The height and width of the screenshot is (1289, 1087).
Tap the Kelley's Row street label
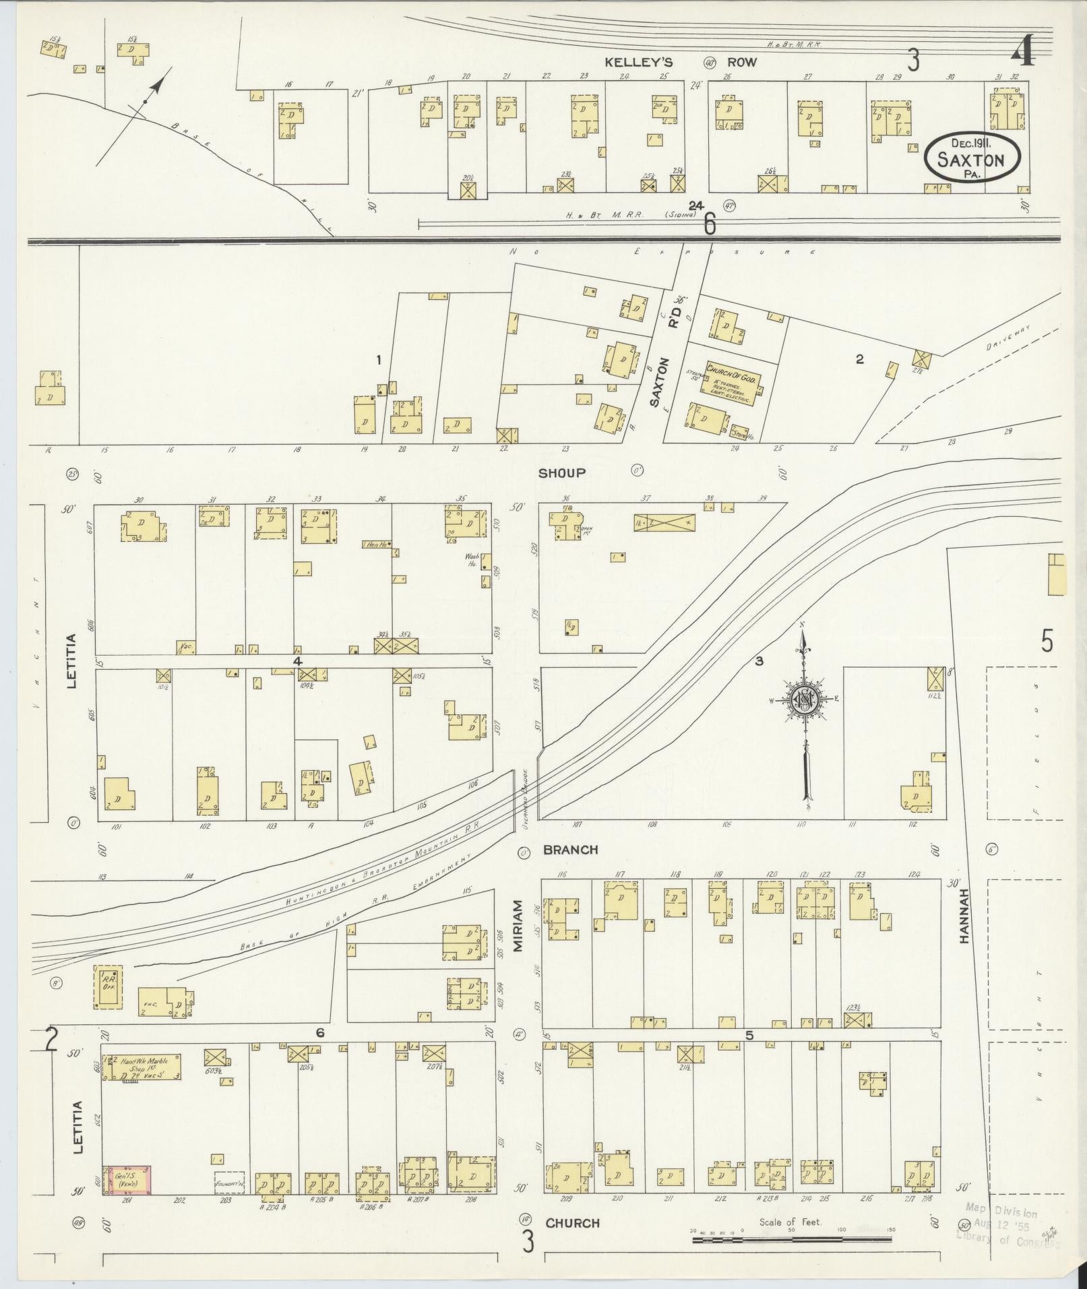point(679,62)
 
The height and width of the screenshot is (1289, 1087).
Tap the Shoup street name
point(561,472)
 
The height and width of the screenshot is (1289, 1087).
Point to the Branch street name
point(570,850)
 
